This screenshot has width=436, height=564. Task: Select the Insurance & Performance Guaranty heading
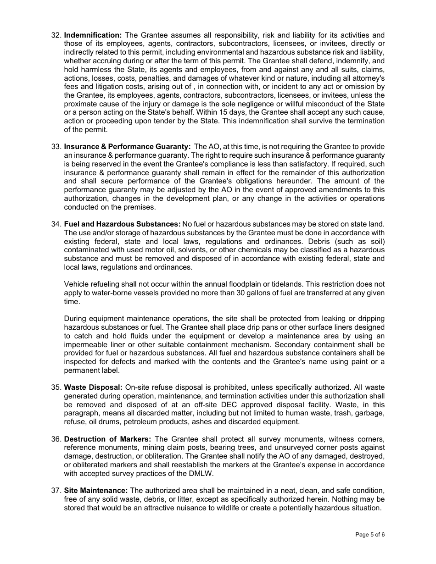tap(127, 146)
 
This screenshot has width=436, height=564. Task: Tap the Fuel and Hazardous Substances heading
tap(122, 224)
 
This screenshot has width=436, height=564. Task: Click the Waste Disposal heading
tap(93, 387)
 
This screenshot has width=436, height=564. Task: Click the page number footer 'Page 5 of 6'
tap(370, 534)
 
